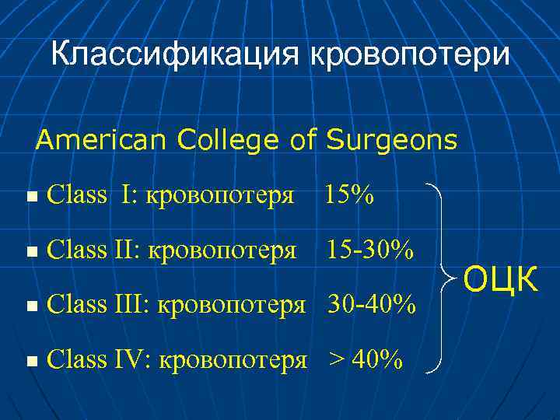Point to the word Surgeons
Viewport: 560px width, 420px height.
point(392,141)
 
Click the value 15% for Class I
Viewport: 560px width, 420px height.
point(348,195)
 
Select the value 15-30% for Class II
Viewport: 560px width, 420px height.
point(369,250)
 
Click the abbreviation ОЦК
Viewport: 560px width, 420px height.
point(502,278)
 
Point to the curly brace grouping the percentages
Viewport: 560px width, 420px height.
point(445,277)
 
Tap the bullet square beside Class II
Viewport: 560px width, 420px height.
point(30,252)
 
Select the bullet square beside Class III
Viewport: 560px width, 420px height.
point(30,306)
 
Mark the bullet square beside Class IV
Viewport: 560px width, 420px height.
point(30,361)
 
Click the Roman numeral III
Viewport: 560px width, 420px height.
point(132,304)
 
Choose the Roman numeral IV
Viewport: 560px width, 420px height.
point(131,359)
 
